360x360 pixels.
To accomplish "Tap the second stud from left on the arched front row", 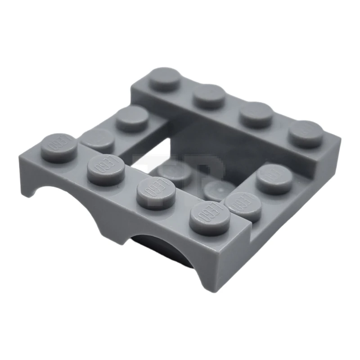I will pyautogui.click(x=106, y=168).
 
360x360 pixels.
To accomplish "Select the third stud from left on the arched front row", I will pyautogui.click(x=156, y=193).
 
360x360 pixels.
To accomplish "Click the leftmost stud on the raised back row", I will pyautogui.click(x=165, y=79).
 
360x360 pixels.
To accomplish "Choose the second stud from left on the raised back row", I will pyautogui.click(x=210, y=95).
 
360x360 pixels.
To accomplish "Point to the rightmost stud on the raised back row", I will pyautogui.click(x=306, y=133).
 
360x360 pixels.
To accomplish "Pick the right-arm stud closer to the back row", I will pyautogui.click(x=275, y=178).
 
